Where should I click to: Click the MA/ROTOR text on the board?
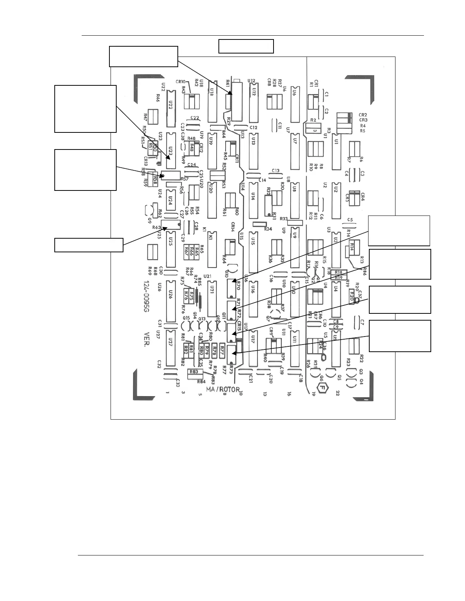click(x=223, y=389)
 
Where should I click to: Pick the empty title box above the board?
click(x=246, y=46)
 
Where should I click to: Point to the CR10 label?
click(x=180, y=82)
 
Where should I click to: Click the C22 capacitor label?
click(x=195, y=118)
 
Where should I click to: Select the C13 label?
click(x=276, y=170)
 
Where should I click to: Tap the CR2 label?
click(x=362, y=115)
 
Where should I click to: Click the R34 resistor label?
click(x=268, y=229)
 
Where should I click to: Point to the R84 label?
click(x=201, y=382)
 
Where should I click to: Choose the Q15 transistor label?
click(x=186, y=318)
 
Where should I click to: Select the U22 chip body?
click(x=171, y=104)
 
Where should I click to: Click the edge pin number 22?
click(x=338, y=393)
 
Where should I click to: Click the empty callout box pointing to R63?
click(x=89, y=245)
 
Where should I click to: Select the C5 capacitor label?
click(x=350, y=220)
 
